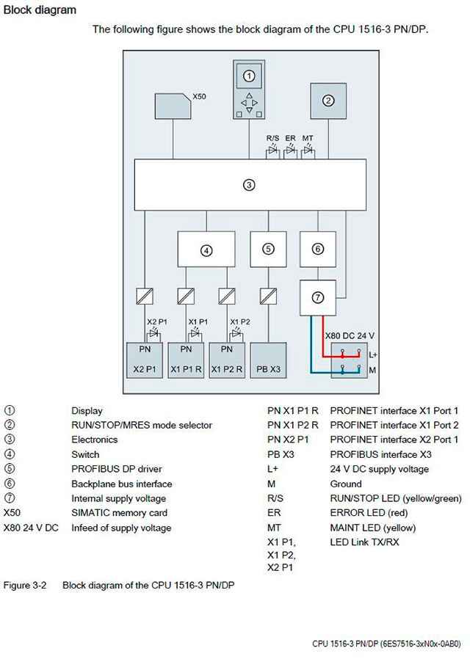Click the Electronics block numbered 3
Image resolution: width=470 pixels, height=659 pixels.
[249, 185]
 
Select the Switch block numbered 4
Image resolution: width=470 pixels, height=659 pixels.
[206, 250]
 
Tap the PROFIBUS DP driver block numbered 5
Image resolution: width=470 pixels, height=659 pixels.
[268, 249]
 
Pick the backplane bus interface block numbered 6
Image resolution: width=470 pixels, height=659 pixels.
[317, 249]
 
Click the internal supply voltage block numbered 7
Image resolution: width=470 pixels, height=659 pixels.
[317, 296]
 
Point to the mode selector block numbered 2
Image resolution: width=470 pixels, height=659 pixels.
[329, 101]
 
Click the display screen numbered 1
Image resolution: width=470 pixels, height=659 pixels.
[249, 76]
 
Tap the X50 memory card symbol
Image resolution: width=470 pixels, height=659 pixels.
[173, 106]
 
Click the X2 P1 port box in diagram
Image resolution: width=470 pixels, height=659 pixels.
[144, 360]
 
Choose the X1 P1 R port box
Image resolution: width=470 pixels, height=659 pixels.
[186, 360]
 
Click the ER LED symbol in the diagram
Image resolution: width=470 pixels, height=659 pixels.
[290, 151]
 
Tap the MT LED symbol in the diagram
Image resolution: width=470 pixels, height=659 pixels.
[308, 151]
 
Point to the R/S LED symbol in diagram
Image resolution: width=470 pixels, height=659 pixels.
[272, 151]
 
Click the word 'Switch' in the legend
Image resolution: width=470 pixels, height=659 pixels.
[85, 454]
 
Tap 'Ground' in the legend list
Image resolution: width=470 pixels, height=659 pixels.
[346, 484]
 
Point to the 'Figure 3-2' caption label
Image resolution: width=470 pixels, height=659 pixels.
[25, 585]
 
